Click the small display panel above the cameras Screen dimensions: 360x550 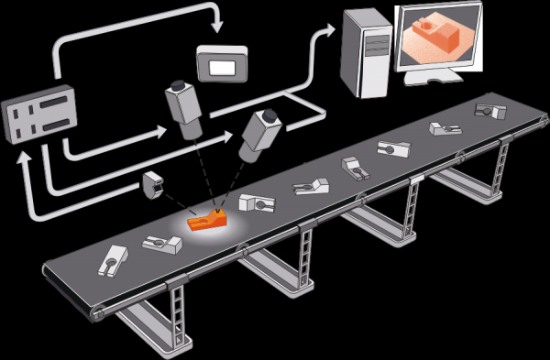(x=222, y=65)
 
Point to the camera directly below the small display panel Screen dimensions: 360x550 (x=185, y=107)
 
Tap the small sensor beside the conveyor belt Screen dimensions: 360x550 (x=152, y=186)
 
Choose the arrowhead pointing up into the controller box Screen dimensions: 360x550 (x=26, y=154)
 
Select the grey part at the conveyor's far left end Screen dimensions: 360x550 (x=111, y=259)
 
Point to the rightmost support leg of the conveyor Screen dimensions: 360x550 (x=498, y=170)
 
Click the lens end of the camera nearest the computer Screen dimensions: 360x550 (x=248, y=149)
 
